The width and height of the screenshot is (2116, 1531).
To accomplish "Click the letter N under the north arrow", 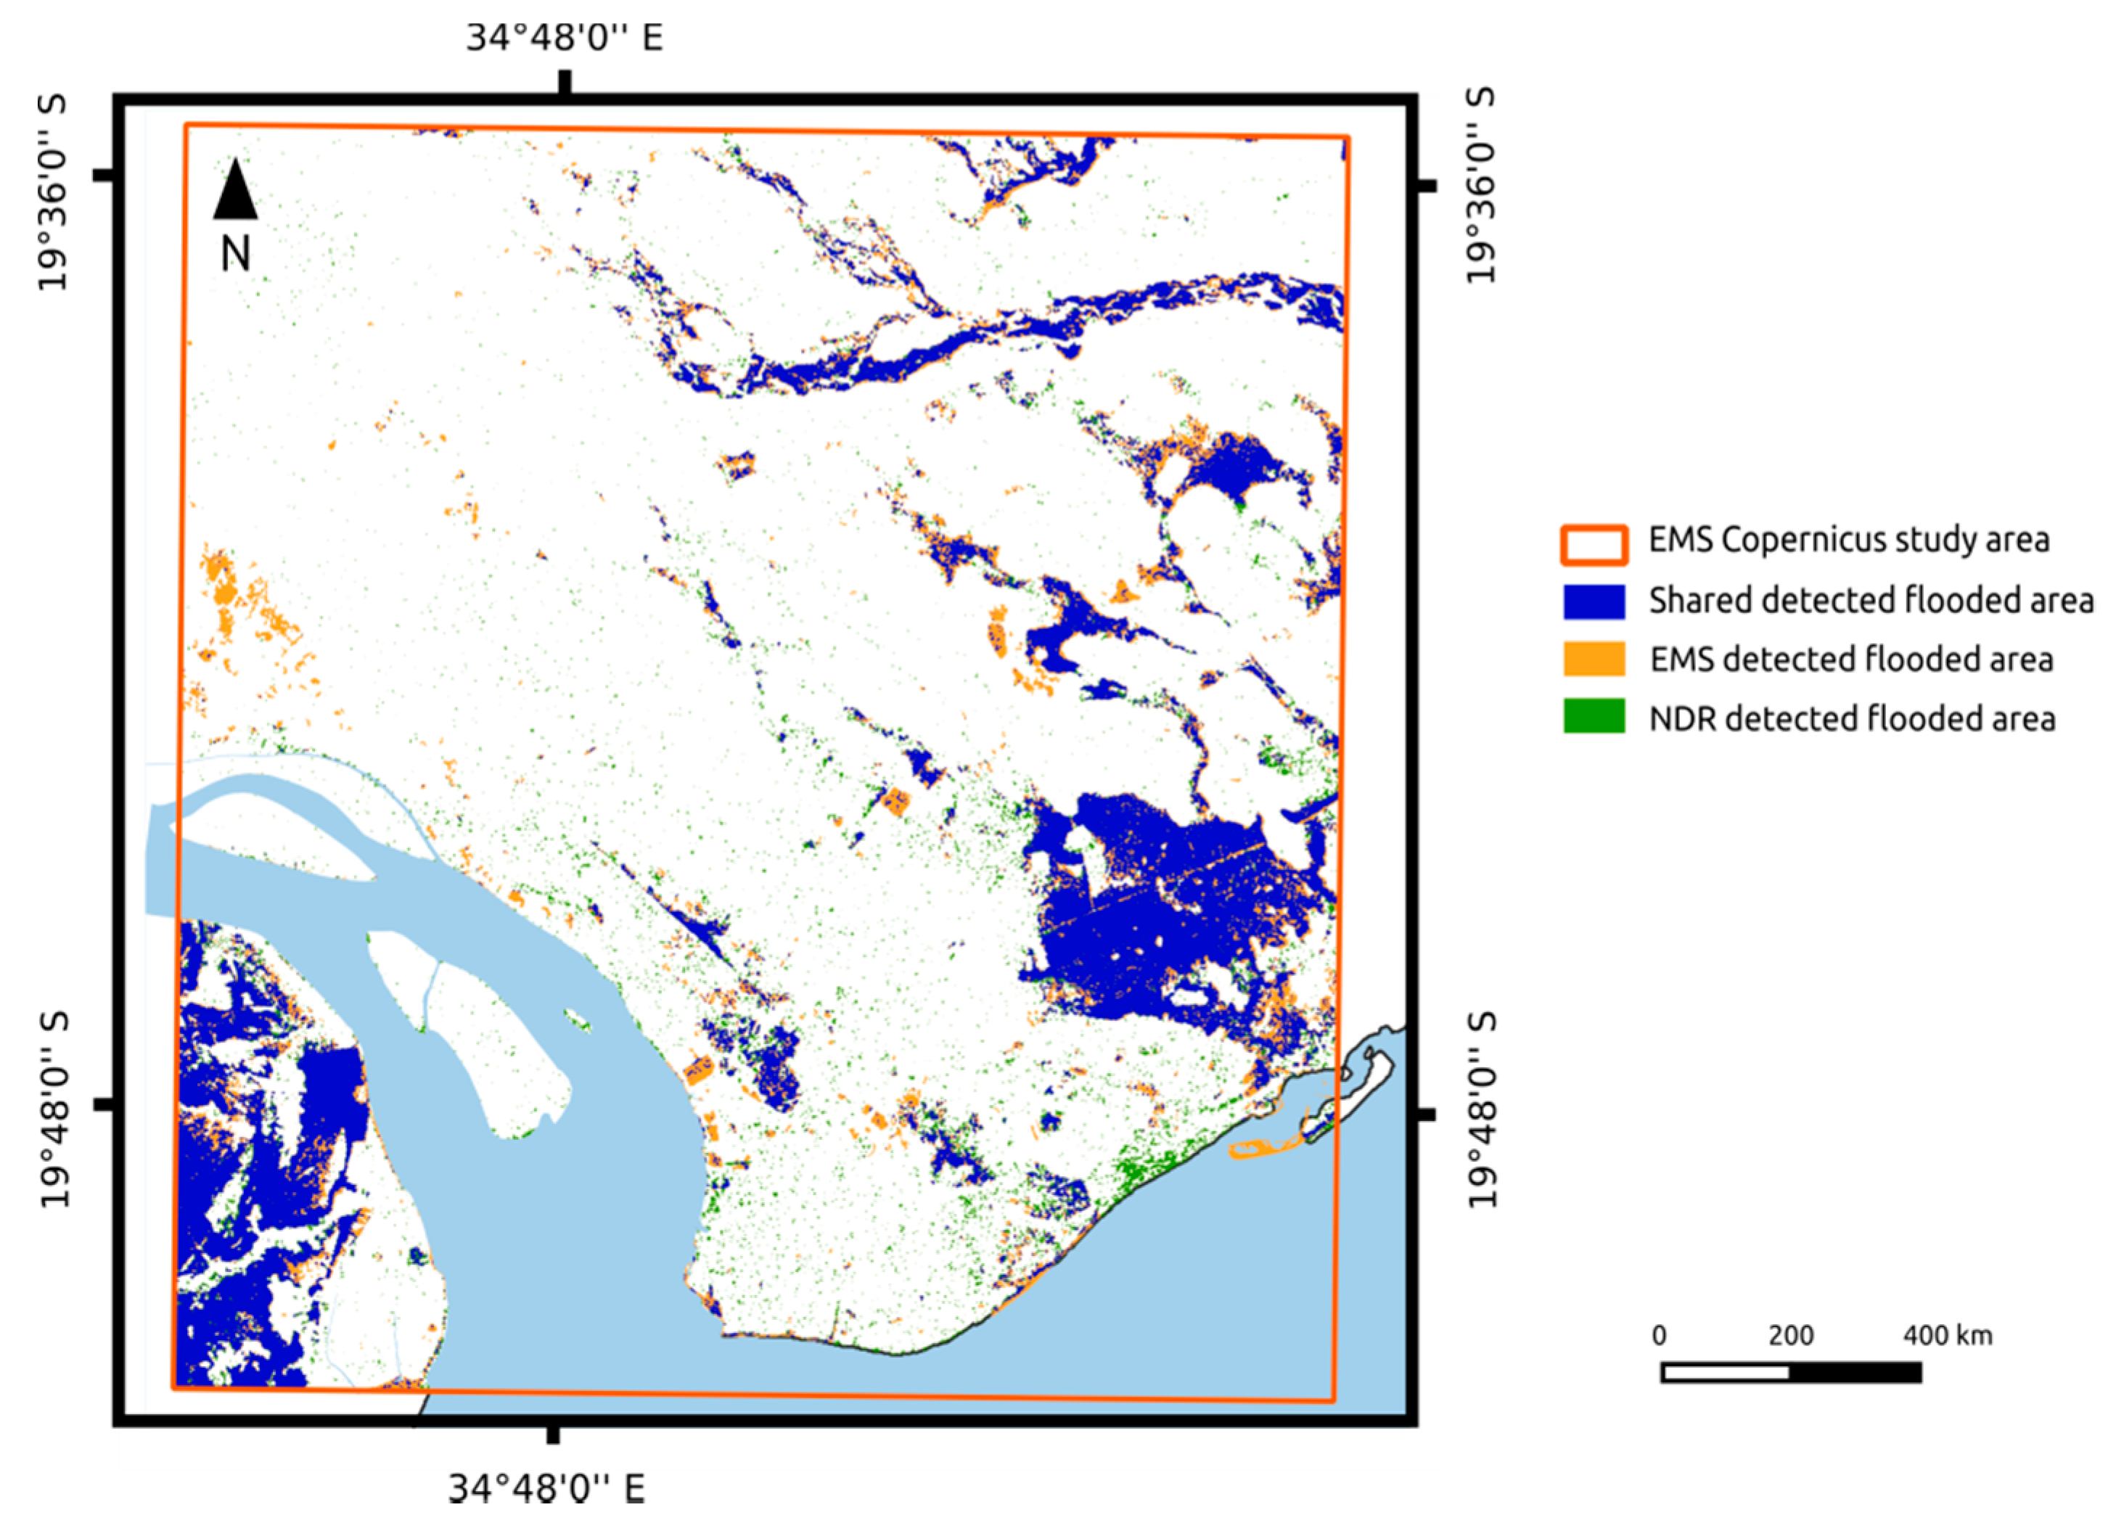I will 235,253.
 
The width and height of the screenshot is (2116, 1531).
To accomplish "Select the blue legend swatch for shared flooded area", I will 1594,601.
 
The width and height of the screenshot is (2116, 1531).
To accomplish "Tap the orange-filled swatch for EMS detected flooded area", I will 1594,659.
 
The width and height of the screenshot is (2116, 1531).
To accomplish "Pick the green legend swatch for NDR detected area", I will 1594,718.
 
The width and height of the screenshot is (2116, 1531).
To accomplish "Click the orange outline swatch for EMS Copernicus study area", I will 1594,545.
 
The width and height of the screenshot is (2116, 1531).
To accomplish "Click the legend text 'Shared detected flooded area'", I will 1871,601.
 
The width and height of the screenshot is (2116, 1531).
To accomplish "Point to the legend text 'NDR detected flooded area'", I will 1852,718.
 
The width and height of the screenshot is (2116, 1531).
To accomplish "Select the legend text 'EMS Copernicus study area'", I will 1848,540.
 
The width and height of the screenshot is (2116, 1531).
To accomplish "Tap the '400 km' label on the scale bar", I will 1947,1336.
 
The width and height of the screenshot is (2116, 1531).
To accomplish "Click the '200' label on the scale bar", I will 1790,1336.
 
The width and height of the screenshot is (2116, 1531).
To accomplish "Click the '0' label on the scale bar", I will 1659,1336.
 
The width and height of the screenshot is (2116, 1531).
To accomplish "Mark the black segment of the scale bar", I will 1855,1372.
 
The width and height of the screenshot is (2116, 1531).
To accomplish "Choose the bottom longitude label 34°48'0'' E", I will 546,1488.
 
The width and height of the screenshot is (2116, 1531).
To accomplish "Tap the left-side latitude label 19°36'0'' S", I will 53,192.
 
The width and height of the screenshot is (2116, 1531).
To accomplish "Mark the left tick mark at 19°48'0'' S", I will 104,1104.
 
